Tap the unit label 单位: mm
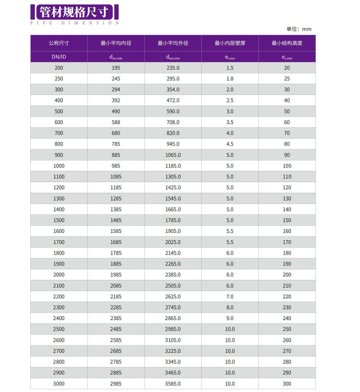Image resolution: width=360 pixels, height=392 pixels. pyautogui.click(x=299, y=29)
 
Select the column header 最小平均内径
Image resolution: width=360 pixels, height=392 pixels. pyautogui.click(x=116, y=43)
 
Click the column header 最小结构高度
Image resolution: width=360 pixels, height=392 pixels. pyautogui.click(x=287, y=43)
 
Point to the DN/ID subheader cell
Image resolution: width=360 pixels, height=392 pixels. pyautogui.click(x=59, y=57)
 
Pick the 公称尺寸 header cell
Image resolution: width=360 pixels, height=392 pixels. pyautogui.click(x=59, y=43)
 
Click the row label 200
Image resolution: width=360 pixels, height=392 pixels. pyautogui.click(x=59, y=68)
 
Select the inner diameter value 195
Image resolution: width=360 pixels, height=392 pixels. pyautogui.click(x=116, y=68)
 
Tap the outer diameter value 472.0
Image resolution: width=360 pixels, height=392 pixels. pyautogui.click(x=173, y=101)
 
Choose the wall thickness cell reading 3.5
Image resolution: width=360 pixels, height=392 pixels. pyautogui.click(x=230, y=122)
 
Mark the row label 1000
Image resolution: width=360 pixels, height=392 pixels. pyautogui.click(x=59, y=166)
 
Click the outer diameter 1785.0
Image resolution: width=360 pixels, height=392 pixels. pyautogui.click(x=173, y=220)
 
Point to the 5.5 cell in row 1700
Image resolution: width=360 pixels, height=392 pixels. pyautogui.click(x=230, y=242)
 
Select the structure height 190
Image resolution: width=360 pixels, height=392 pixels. pyautogui.click(x=287, y=264)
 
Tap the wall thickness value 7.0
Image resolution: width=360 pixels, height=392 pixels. pyautogui.click(x=230, y=297)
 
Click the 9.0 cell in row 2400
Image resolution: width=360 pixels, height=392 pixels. pyautogui.click(x=230, y=318)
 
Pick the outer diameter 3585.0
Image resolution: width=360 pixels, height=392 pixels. pyautogui.click(x=173, y=384)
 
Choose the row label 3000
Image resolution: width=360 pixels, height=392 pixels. pyautogui.click(x=59, y=384)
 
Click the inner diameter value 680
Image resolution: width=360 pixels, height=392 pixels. pyautogui.click(x=116, y=133)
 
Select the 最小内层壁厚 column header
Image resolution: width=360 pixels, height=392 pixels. pyautogui.click(x=230, y=43)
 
